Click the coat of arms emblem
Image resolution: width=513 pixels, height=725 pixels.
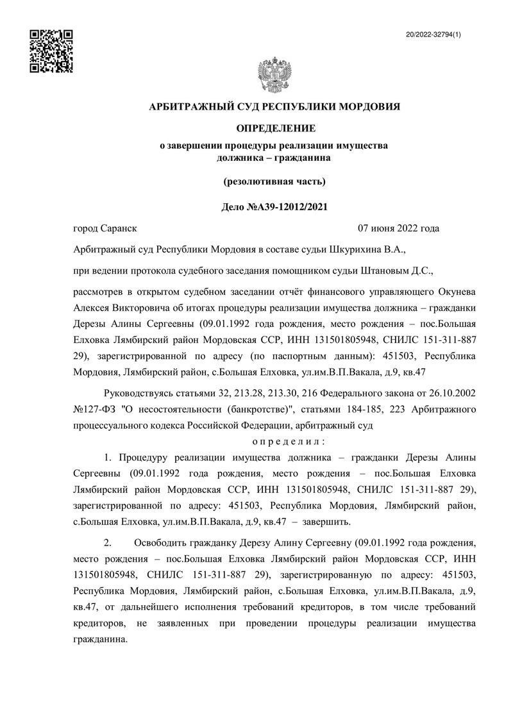click(x=274, y=76)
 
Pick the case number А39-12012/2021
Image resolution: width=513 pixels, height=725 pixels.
click(x=288, y=206)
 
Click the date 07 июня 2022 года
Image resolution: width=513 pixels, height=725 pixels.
click(x=398, y=228)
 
